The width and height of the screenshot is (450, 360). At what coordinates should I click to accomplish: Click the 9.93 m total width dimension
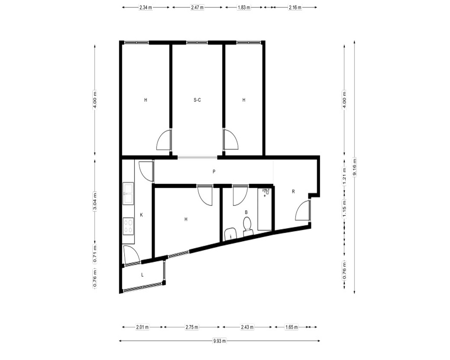pyautogui.click(x=220, y=341)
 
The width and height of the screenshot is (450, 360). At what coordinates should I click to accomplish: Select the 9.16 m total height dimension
pyautogui.click(x=355, y=167)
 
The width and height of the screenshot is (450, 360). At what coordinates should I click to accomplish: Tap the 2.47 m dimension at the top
pyautogui.click(x=197, y=8)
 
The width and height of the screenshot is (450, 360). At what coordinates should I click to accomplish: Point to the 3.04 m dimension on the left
pyautogui.click(x=94, y=202)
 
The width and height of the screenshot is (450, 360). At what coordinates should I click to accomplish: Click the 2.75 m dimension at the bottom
pyautogui.click(x=192, y=327)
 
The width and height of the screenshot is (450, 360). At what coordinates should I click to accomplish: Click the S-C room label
pyautogui.click(x=197, y=100)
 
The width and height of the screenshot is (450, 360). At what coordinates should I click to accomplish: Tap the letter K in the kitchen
pyautogui.click(x=141, y=215)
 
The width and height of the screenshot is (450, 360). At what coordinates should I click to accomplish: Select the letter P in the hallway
pyautogui.click(x=214, y=171)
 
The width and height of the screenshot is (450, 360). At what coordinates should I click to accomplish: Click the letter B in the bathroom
pyautogui.click(x=246, y=212)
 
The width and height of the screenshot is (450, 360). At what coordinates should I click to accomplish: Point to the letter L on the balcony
pyautogui.click(x=142, y=275)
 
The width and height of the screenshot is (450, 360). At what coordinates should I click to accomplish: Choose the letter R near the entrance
pyautogui.click(x=293, y=192)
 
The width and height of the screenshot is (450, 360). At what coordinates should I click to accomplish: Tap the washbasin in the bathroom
pyautogui.click(x=230, y=234)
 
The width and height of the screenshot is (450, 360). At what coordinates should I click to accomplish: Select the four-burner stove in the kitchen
pyautogui.click(x=128, y=226)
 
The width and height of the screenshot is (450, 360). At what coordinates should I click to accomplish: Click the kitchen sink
pyautogui.click(x=128, y=194)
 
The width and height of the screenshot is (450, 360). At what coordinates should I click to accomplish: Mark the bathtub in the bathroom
pyautogui.click(x=265, y=209)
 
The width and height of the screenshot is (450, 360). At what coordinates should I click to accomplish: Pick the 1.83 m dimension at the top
pyautogui.click(x=243, y=8)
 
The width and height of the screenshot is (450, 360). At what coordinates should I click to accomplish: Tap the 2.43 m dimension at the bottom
pyautogui.click(x=247, y=327)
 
